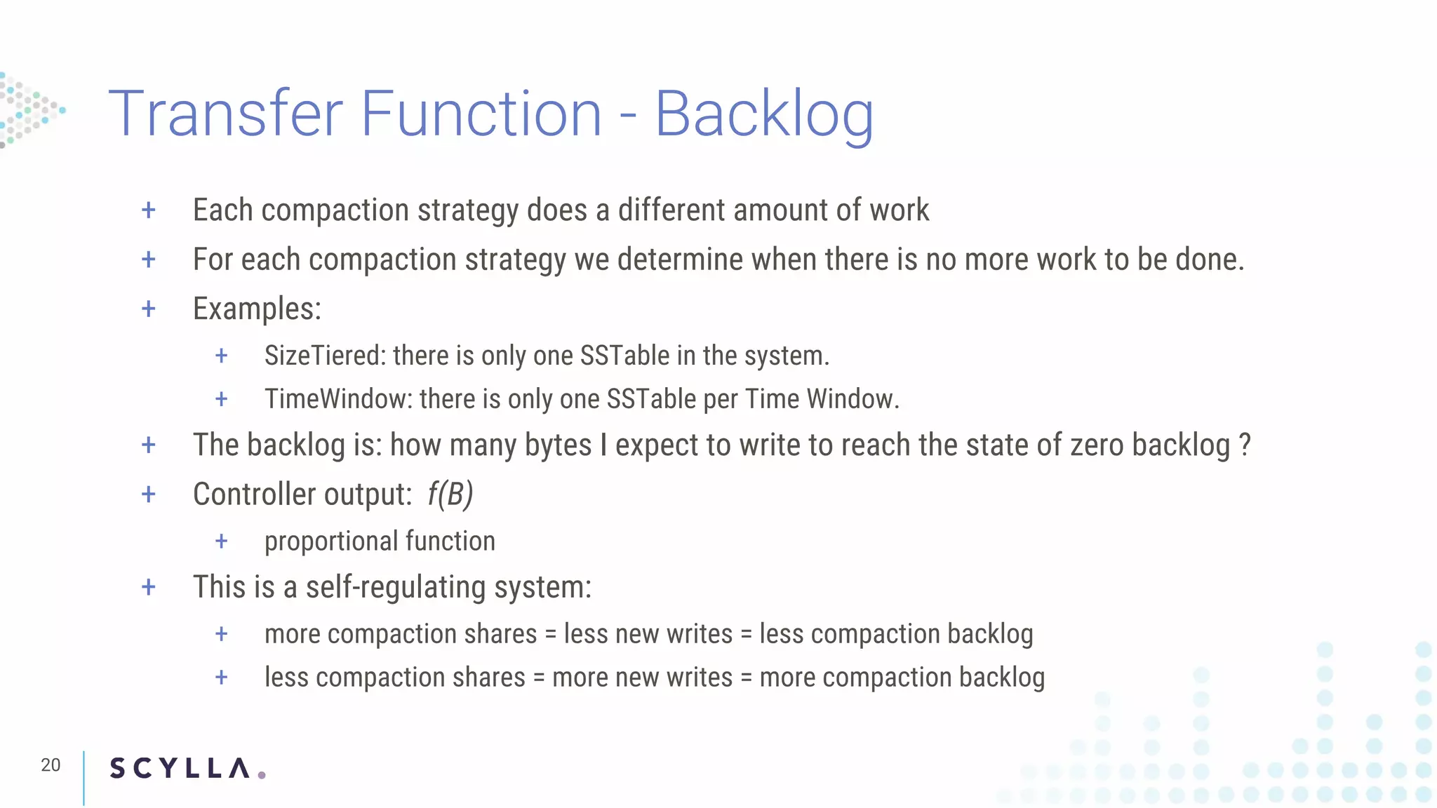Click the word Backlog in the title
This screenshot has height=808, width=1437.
(x=764, y=115)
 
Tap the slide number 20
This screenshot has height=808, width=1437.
(x=51, y=765)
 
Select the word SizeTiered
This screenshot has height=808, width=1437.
(x=324, y=356)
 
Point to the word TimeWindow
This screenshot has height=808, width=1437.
(x=338, y=400)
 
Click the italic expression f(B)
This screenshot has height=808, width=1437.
(x=450, y=494)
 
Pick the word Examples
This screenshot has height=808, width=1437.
(x=257, y=309)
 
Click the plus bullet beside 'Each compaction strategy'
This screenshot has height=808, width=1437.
(x=149, y=210)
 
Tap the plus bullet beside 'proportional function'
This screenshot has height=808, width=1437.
(x=222, y=541)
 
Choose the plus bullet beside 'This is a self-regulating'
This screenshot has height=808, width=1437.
(x=149, y=587)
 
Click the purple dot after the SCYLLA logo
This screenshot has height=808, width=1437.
(x=262, y=775)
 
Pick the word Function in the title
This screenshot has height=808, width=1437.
(x=481, y=114)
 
